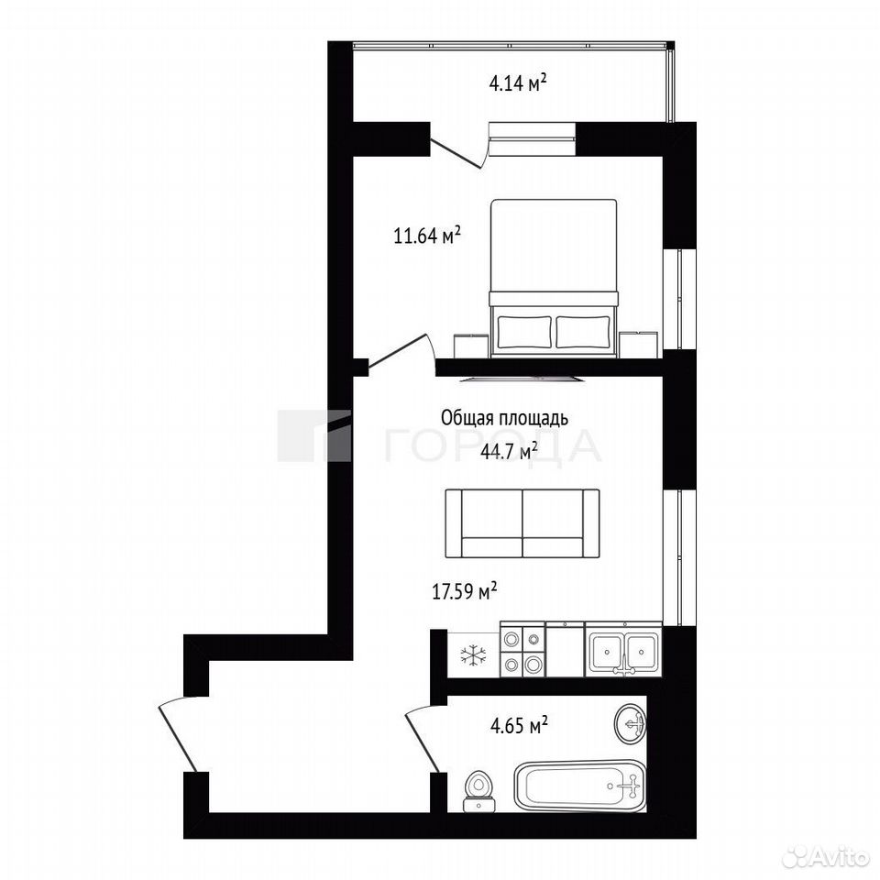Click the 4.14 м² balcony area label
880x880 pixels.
518,83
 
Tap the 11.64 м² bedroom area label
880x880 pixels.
427,236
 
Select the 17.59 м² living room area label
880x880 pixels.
465,591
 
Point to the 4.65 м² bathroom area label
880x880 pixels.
519,725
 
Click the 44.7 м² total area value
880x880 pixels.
510,451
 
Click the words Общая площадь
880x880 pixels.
504,419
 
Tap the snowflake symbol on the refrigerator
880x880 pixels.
474,654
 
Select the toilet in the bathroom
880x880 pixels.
478,792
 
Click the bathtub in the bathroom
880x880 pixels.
579,786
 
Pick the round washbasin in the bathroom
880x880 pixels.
631,724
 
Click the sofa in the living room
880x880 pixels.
522,523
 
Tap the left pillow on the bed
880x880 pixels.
524,332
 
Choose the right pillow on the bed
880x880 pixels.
583,332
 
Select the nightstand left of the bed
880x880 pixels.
470,345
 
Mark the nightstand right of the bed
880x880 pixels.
639,344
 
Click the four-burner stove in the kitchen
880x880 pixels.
522,650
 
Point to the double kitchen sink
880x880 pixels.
623,650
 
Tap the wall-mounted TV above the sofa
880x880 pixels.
522,379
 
